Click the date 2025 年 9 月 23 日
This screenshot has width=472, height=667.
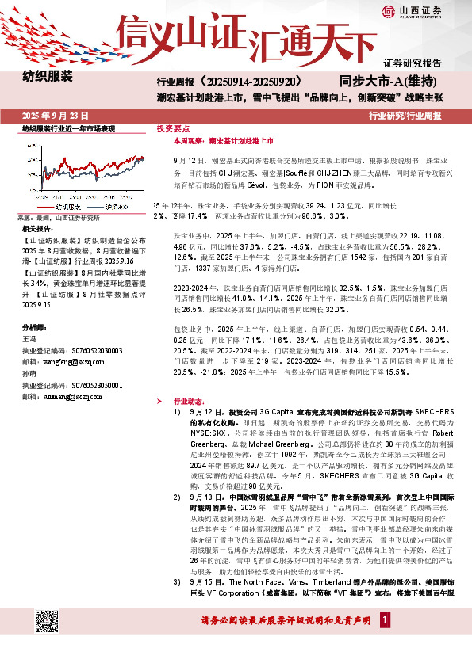tap(55, 115)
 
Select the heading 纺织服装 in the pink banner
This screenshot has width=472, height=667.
tap(48, 78)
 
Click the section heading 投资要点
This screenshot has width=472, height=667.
tap(174, 128)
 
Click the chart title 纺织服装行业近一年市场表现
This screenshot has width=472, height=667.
tap(69, 128)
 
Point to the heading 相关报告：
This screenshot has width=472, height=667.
tap(37, 228)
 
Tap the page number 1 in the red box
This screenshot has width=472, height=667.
tap(386, 641)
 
